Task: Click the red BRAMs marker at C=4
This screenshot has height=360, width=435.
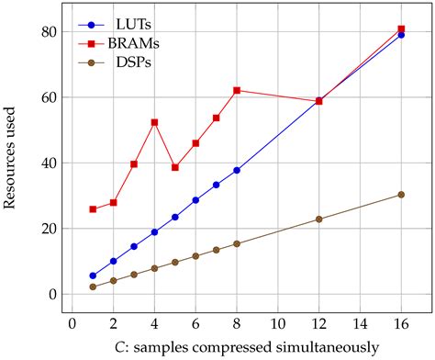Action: [x=154, y=122]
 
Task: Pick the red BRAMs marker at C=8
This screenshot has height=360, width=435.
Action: [x=237, y=90]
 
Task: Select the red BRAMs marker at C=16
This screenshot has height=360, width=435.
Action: [x=401, y=29]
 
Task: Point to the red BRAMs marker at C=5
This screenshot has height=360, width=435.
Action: [x=175, y=167]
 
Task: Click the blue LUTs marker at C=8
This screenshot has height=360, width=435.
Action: [x=237, y=170]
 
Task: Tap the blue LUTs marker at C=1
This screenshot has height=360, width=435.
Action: [x=93, y=276]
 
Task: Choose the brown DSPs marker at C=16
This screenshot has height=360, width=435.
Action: [x=401, y=195]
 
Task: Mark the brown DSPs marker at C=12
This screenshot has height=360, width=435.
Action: [x=318, y=219]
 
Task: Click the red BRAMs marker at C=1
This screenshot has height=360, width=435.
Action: [x=93, y=209]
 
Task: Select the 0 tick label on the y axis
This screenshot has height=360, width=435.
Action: [x=52, y=294]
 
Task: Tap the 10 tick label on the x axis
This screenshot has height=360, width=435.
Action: [x=277, y=323]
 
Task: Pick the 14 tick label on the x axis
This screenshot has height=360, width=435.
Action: [x=360, y=323]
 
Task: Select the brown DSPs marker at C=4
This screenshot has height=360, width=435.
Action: [x=154, y=268]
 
